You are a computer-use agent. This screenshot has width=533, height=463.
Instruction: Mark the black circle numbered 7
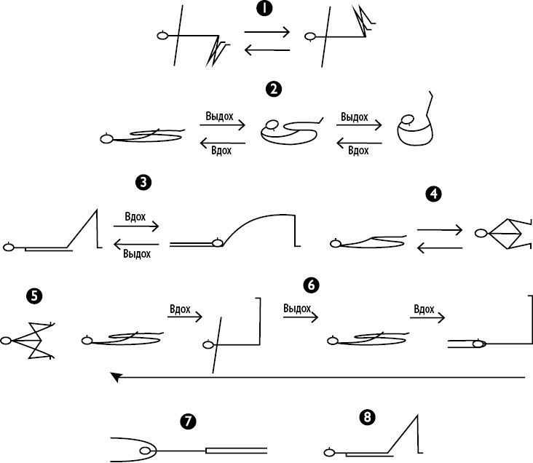[187, 422]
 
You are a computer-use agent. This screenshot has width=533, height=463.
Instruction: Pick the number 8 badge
[367, 417]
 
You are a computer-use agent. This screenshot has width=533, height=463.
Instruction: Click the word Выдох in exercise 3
[137, 253]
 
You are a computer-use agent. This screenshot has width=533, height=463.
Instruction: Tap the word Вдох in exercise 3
[135, 217]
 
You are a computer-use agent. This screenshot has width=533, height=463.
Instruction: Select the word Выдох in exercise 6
[297, 308]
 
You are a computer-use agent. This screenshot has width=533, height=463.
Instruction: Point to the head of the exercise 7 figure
[146, 451]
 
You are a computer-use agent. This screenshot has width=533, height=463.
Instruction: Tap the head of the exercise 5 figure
[7, 339]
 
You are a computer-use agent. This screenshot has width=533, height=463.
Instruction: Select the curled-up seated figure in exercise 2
[414, 128]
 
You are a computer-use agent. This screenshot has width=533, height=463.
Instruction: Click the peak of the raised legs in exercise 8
[417, 416]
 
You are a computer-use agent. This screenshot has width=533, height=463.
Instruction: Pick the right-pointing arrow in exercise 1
[267, 33]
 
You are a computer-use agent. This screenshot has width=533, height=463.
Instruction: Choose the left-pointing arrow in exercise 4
[440, 248]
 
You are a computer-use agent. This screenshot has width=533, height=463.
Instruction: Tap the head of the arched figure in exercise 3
[216, 243]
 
